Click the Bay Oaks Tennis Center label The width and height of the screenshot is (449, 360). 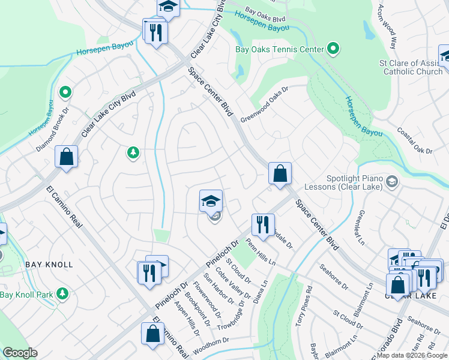pyautogui.click(x=279, y=49)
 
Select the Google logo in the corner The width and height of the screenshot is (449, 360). pyautogui.click(x=20, y=353)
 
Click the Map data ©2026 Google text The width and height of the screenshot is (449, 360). pyautogui.click(x=412, y=355)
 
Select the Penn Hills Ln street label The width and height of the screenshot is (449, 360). pyautogui.click(x=264, y=254)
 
